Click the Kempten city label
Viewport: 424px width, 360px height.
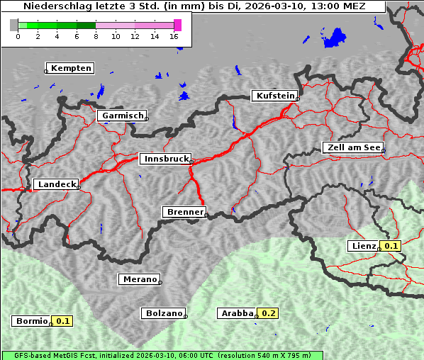point(72,68)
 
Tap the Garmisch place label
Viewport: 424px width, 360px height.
point(123,116)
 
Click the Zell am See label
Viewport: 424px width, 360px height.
point(352,147)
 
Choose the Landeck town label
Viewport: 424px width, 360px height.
point(56,184)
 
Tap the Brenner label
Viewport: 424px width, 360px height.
point(184,212)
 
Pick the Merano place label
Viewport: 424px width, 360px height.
point(139,279)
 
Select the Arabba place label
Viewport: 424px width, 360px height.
point(236,313)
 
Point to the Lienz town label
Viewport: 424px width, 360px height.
point(363,246)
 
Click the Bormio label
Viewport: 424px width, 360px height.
point(31,321)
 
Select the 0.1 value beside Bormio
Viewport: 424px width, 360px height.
point(63,321)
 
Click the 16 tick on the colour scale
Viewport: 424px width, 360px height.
point(174,36)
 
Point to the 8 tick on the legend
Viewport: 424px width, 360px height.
point(96,36)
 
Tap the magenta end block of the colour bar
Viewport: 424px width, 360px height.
point(177,25)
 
